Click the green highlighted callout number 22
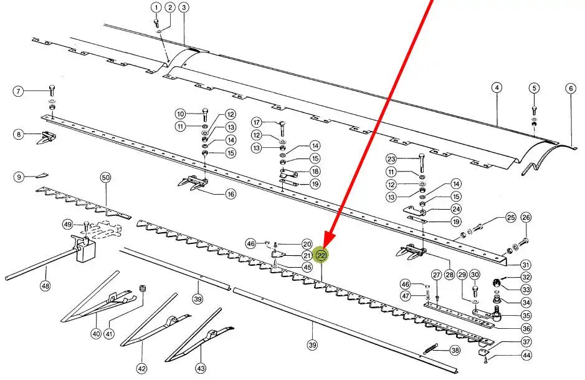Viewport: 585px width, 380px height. point(321,255)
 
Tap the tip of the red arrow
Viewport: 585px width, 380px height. point(324,248)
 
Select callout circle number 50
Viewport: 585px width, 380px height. point(105,177)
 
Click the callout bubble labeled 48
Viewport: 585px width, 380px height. point(45,286)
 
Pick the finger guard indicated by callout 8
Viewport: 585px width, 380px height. point(46,137)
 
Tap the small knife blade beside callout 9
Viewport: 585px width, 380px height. point(42,175)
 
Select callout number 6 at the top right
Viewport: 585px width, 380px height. point(571,89)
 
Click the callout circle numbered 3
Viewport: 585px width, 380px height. point(183,7)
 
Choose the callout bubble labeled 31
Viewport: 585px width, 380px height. point(526,265)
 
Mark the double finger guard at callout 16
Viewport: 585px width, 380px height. point(193,183)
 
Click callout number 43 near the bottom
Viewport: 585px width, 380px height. point(201,368)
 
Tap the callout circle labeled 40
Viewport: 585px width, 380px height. point(96,333)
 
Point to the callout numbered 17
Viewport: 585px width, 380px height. point(256,122)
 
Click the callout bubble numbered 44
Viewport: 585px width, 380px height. point(526,355)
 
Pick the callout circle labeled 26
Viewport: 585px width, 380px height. point(526,217)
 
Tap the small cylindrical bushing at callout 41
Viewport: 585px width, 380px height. point(142,290)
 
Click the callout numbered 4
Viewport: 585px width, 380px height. point(497,88)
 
